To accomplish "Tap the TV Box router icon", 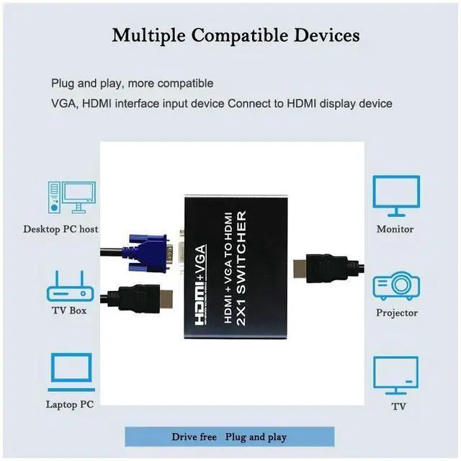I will point(70,287).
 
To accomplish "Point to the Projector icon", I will point(395,287).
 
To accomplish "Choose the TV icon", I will point(395,375).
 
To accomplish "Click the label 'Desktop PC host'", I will point(61,229).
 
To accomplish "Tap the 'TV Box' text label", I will point(68,310).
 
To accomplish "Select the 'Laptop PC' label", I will point(70,404).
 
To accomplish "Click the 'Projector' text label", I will point(396,313).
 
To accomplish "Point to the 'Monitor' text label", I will point(395,229).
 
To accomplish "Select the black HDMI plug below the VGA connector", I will point(137,300).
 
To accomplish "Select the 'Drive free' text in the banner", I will point(194,437).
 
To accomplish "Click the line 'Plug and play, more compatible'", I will point(132,84).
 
